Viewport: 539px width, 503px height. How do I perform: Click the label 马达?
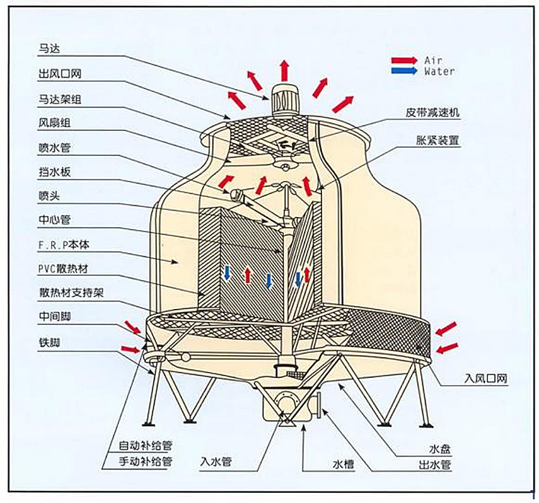(49, 49)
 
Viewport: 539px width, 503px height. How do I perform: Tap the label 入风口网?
(486, 378)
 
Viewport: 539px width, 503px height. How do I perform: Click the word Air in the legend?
(433, 60)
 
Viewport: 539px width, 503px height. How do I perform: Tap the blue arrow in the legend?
(404, 71)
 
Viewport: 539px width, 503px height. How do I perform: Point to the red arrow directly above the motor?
(285, 70)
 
